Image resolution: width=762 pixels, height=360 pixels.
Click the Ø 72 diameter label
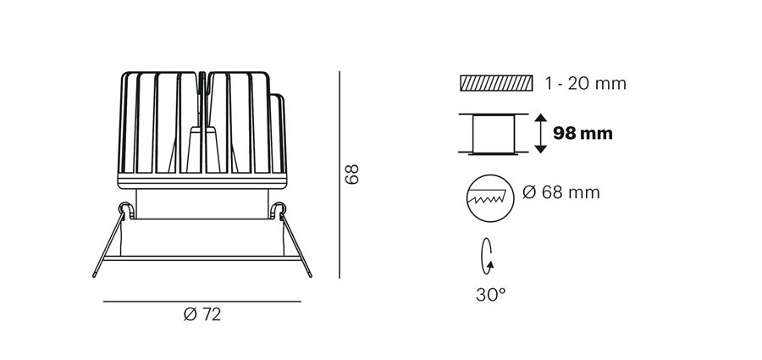(x=202, y=315)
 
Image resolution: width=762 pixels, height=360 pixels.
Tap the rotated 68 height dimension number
(x=351, y=174)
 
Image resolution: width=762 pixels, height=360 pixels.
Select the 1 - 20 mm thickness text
(x=586, y=84)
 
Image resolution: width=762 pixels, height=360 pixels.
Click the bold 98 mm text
(x=583, y=133)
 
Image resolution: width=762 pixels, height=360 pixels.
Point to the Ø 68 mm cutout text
(x=561, y=192)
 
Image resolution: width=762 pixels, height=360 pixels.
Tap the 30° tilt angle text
(x=491, y=294)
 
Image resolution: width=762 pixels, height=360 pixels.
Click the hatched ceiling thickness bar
(x=496, y=83)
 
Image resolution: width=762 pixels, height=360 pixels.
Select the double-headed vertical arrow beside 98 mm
(x=540, y=133)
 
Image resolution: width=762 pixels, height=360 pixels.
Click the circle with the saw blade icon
(x=490, y=198)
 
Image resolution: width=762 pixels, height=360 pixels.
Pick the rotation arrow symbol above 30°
(x=487, y=257)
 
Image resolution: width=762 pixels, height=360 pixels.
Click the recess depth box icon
(x=494, y=135)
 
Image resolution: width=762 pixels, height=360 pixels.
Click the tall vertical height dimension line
(x=340, y=174)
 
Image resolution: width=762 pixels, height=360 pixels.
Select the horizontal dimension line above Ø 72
(x=202, y=302)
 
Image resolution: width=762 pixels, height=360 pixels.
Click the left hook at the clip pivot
(x=125, y=210)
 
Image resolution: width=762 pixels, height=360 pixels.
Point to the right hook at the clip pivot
(x=279, y=210)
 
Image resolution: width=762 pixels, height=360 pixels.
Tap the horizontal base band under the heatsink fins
(x=202, y=181)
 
